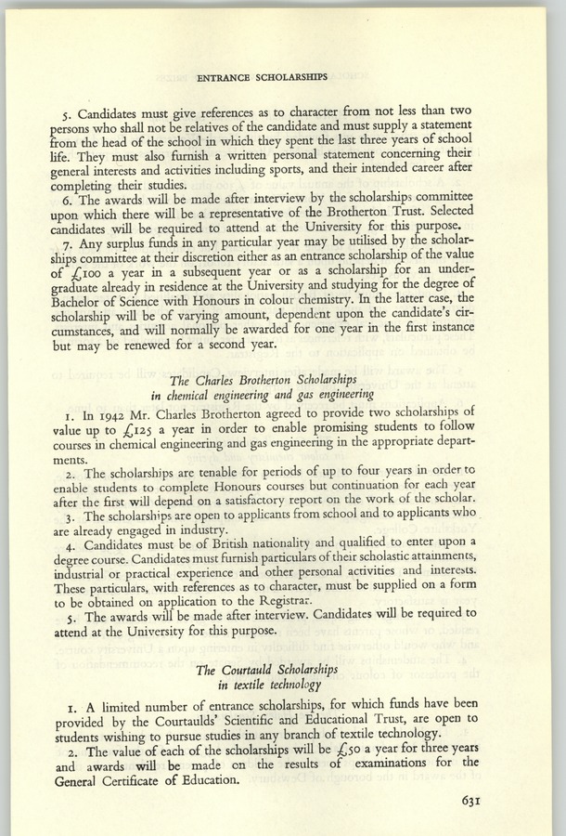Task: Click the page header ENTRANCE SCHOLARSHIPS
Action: click(282, 70)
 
